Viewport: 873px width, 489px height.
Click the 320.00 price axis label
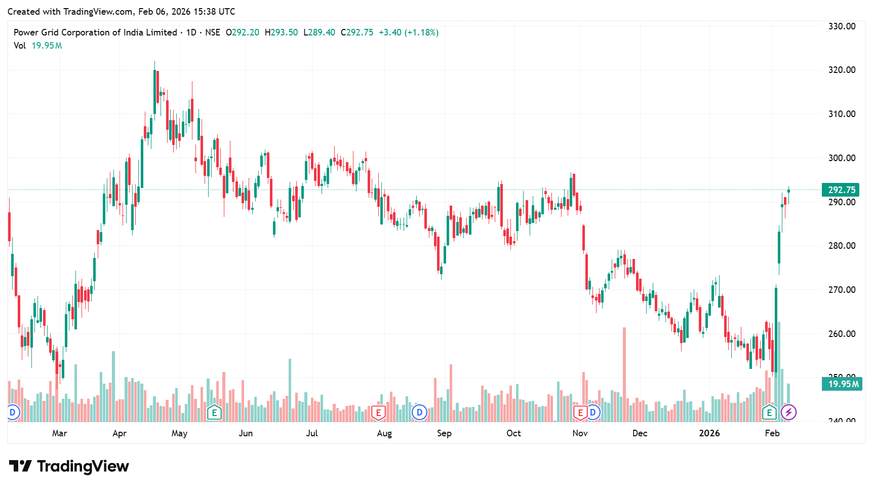click(x=842, y=70)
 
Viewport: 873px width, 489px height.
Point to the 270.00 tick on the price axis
click(x=842, y=290)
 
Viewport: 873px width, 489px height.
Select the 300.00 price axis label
click(x=842, y=158)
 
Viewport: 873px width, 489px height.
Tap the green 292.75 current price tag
click(x=841, y=190)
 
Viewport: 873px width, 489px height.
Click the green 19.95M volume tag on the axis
click(x=843, y=384)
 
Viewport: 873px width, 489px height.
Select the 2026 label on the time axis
click(x=709, y=433)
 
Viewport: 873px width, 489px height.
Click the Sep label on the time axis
click(x=444, y=433)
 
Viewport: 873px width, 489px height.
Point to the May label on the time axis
click(x=179, y=433)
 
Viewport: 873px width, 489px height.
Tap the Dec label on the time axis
click(x=640, y=433)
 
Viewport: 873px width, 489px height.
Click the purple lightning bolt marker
click(x=788, y=412)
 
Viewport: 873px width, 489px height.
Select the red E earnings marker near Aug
click(x=378, y=412)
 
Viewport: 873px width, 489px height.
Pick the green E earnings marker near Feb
click(x=769, y=412)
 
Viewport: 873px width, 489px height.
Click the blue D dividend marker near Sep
click(x=419, y=412)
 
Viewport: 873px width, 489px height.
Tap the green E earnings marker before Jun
click(x=214, y=412)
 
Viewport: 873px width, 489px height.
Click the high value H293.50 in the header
click(x=282, y=32)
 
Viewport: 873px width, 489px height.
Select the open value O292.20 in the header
click(x=243, y=32)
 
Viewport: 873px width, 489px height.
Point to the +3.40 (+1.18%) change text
click(x=409, y=32)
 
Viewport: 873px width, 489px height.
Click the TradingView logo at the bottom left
click(x=69, y=466)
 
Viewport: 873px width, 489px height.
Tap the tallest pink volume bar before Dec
click(x=624, y=375)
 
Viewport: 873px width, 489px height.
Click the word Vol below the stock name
click(x=20, y=46)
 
